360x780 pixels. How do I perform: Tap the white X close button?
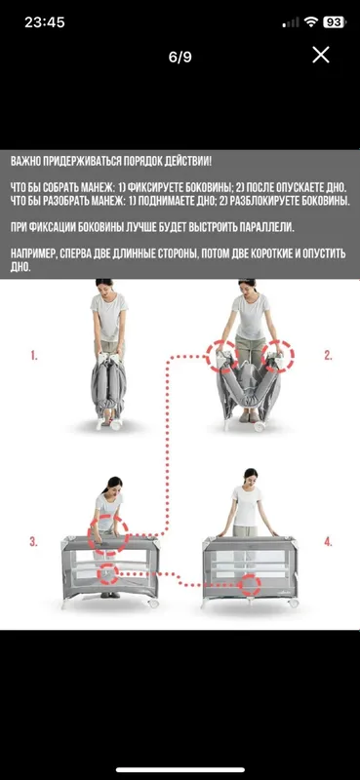321,55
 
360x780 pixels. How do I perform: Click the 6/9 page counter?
180,58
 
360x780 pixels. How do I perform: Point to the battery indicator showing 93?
334,21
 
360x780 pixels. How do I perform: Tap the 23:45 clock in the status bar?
45,22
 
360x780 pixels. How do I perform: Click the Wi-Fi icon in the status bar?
311,21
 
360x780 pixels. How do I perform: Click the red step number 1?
34,356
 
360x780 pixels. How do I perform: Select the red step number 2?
328,355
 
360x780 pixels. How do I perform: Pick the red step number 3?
33,542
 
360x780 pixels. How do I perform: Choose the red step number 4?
328,542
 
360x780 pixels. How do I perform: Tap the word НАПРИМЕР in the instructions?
32,253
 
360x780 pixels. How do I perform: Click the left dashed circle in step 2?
207,355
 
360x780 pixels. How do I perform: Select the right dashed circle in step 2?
294,355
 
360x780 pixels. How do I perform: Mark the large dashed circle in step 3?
89,535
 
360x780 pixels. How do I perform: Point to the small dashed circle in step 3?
98,575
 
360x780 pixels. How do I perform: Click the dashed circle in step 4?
239,584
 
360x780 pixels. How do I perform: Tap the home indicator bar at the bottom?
180,770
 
